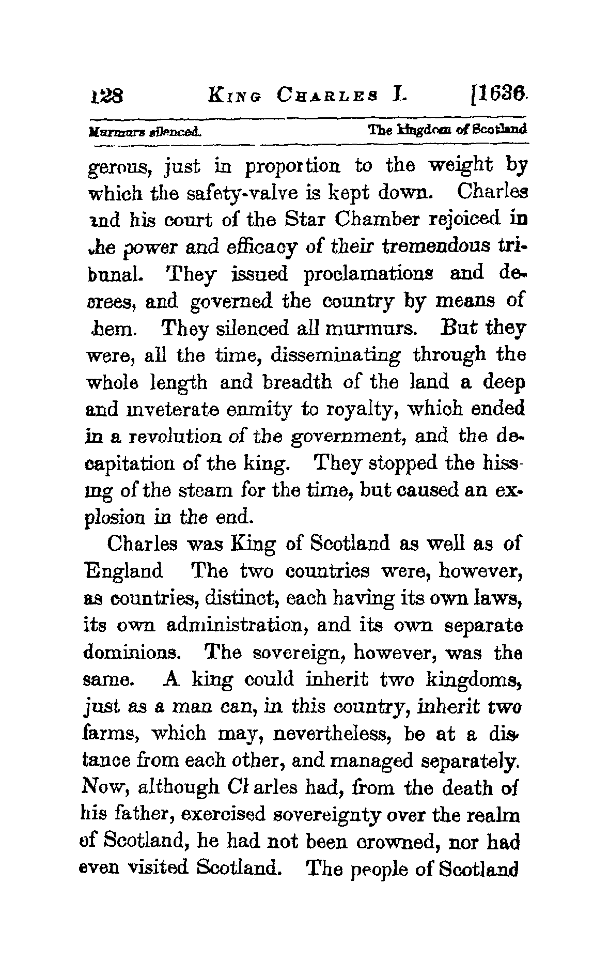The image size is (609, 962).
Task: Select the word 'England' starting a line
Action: coord(123,572)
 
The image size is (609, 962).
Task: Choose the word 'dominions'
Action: coord(131,654)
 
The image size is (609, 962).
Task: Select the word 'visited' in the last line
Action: coord(151,870)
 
